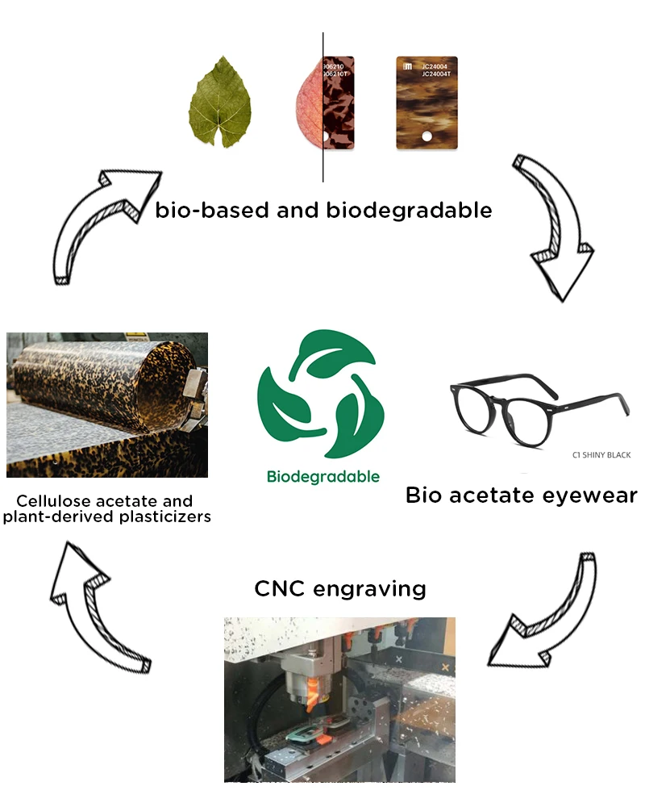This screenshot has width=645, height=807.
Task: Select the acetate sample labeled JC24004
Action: click(x=427, y=103)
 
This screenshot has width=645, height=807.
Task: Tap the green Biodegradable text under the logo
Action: click(x=322, y=476)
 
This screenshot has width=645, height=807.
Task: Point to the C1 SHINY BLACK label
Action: click(x=601, y=455)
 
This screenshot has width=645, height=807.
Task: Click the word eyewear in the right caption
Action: click(x=592, y=495)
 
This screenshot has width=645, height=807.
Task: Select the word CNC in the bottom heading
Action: click(x=279, y=588)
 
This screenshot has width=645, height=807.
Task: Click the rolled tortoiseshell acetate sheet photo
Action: click(x=107, y=404)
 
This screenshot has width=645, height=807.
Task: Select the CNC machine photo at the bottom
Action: click(x=339, y=699)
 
